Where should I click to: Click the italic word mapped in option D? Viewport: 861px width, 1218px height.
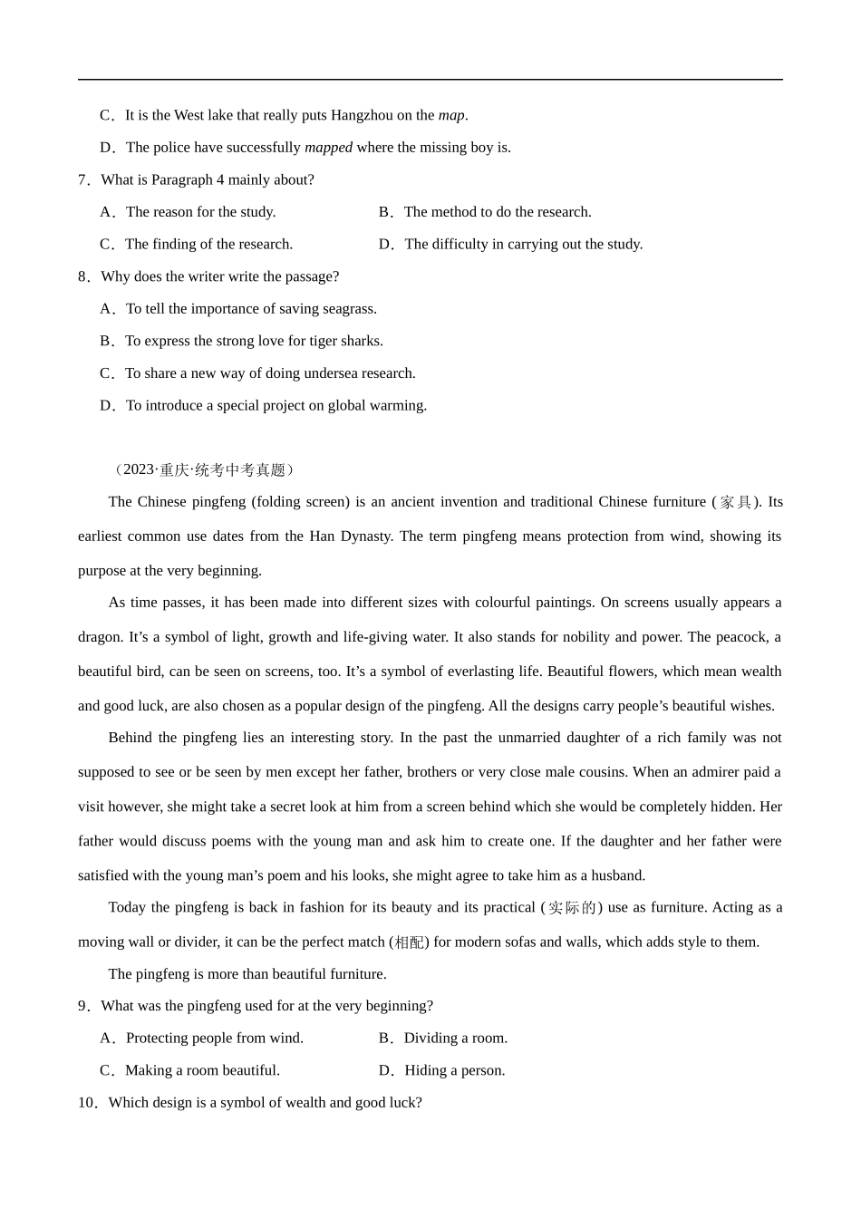coord(328,148)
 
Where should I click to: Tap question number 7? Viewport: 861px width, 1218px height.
coord(83,179)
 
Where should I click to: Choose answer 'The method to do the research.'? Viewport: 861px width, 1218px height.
coord(497,212)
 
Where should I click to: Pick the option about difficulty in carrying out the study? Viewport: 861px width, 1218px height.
coord(523,245)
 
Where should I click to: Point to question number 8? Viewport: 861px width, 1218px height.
coord(83,276)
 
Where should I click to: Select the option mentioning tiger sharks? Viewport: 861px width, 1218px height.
coord(254,342)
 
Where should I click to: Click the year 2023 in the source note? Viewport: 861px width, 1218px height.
coord(139,469)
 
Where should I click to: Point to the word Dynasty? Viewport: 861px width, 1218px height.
coord(365,536)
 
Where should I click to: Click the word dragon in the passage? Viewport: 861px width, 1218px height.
coord(99,637)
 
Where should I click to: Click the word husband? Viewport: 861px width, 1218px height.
coord(618,875)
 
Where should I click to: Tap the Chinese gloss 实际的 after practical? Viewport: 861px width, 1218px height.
coord(572,908)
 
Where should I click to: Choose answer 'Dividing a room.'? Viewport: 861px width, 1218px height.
coord(455,1039)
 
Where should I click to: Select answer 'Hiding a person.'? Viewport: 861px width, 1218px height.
coord(454,1070)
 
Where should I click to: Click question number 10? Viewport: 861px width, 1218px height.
coord(87,1103)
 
